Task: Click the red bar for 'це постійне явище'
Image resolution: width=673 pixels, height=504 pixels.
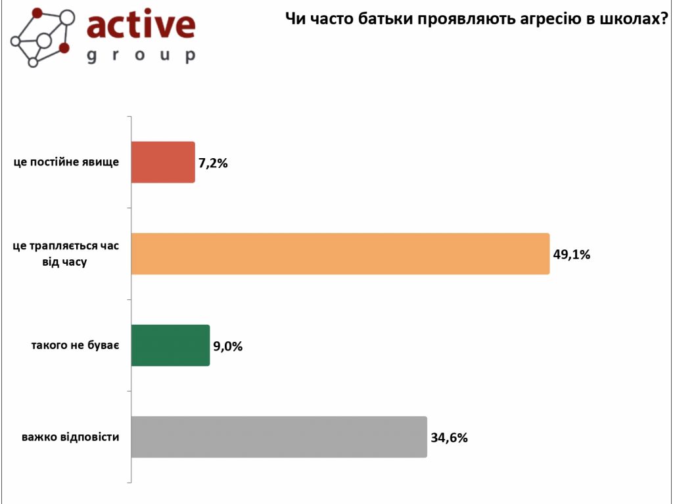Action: click(163, 162)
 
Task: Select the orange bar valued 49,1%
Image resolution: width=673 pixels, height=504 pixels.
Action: click(340, 253)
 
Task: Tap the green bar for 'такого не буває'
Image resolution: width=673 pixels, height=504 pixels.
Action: click(170, 345)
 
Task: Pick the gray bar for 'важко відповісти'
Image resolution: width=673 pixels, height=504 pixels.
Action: click(279, 437)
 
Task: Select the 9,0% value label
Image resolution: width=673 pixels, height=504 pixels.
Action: click(227, 346)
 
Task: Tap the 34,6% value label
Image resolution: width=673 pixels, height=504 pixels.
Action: click(450, 438)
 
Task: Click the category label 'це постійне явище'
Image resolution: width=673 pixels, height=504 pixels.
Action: click(66, 162)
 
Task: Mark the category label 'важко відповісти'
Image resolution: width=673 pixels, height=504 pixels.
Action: click(70, 436)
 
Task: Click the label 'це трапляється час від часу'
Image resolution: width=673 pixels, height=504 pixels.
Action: click(66, 254)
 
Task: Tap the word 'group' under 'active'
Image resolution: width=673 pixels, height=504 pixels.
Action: click(141, 55)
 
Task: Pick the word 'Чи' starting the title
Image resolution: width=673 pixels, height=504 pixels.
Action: click(294, 20)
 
